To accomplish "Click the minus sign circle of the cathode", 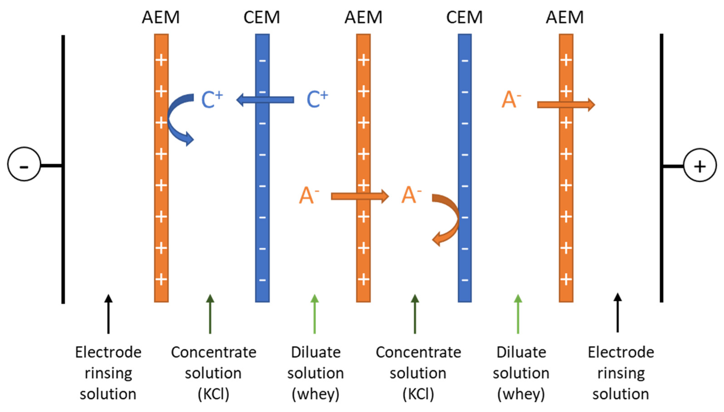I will click(24, 164).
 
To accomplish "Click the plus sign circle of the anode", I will click(700, 166).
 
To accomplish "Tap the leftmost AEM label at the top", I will click(161, 18).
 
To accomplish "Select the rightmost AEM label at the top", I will click(565, 18).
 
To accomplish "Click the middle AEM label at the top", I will click(363, 18).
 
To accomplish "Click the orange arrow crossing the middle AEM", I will click(360, 196).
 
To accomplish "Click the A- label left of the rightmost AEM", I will click(511, 100).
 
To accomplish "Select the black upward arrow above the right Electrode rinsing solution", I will click(618, 313).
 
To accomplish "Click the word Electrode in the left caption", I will click(108, 353).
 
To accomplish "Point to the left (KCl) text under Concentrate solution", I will click(213, 394).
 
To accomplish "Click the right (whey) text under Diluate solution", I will click(521, 394).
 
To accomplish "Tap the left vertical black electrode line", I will click(63, 226).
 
